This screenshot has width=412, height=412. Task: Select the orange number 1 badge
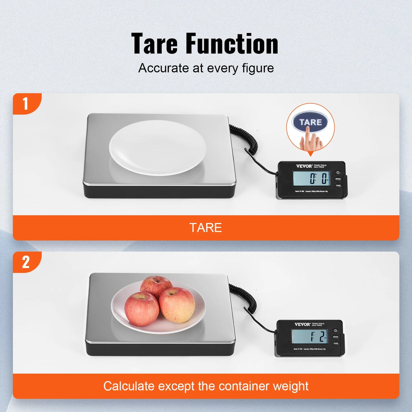tap(26, 103)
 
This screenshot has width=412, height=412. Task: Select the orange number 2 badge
tap(26, 262)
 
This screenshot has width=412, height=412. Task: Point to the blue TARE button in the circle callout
tap(310, 122)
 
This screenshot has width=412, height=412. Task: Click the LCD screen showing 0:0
tap(311, 179)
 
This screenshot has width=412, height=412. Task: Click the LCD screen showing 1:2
tap(309, 336)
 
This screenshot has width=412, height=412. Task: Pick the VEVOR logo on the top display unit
tap(304, 166)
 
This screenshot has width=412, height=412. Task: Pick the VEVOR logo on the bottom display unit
tap(302, 324)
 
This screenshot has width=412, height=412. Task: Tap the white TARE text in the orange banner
tap(206, 228)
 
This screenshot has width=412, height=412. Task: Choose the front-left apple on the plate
tap(141, 309)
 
